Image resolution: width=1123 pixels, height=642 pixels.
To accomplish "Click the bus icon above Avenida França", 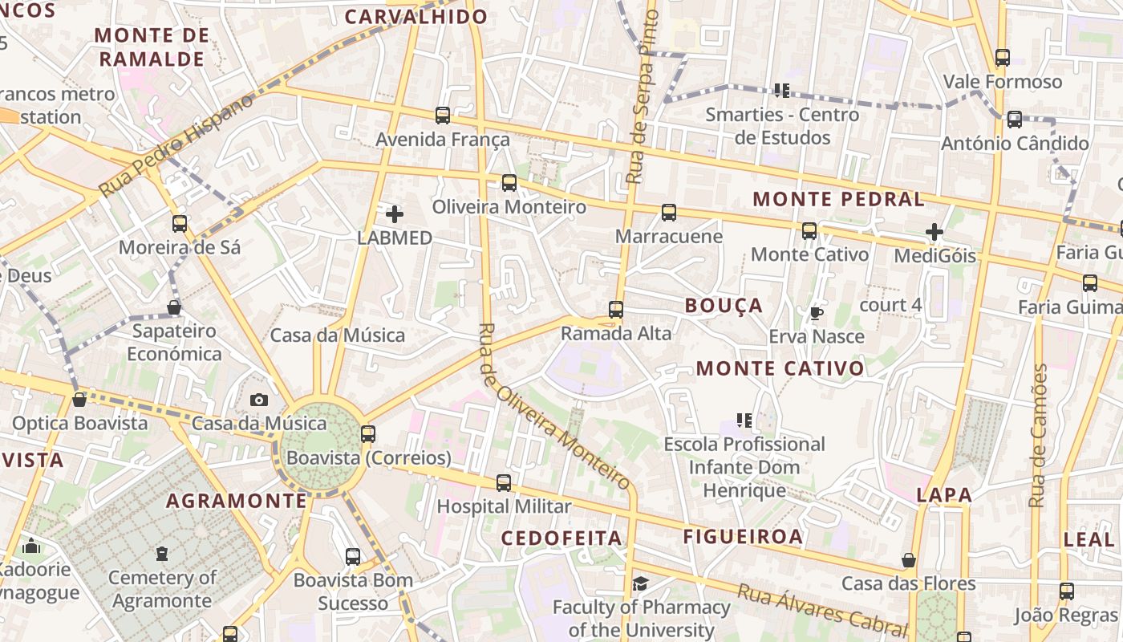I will pyautogui.click(x=443, y=116).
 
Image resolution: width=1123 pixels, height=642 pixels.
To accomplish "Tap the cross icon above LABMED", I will pyautogui.click(x=395, y=214).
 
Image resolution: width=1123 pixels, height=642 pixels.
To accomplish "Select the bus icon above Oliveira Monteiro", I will pyautogui.click(x=509, y=183).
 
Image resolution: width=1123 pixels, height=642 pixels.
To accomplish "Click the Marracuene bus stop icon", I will pyautogui.click(x=669, y=213).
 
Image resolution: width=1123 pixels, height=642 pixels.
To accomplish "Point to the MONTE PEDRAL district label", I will pyautogui.click(x=838, y=199).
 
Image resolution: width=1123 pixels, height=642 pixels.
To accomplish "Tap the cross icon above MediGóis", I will pyautogui.click(x=934, y=233).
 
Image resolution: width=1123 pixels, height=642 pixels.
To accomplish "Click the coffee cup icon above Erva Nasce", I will pyautogui.click(x=817, y=313).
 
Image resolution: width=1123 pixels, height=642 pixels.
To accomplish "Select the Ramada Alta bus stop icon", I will pyautogui.click(x=616, y=310).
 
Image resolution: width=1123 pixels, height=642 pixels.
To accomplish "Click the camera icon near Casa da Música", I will pyautogui.click(x=259, y=400).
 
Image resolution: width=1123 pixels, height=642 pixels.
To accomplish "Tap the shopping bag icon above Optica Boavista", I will pyautogui.click(x=79, y=400).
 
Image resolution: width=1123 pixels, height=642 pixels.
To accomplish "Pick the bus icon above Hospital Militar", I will pyautogui.click(x=504, y=483).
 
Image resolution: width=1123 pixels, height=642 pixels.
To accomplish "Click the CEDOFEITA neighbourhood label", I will pyautogui.click(x=561, y=538).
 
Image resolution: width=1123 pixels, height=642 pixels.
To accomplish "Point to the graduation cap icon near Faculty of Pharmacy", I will pyautogui.click(x=640, y=583).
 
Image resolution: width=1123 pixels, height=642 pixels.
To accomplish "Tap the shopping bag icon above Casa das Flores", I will pyautogui.click(x=909, y=560).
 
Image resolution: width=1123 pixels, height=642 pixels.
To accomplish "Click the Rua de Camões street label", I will pyautogui.click(x=1039, y=435).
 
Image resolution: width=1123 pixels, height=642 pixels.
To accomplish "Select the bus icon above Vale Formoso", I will pyautogui.click(x=1003, y=58).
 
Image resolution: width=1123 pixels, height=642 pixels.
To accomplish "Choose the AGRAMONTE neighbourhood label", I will pyautogui.click(x=237, y=502).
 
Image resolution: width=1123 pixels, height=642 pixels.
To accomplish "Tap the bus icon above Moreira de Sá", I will pyautogui.click(x=180, y=224).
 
